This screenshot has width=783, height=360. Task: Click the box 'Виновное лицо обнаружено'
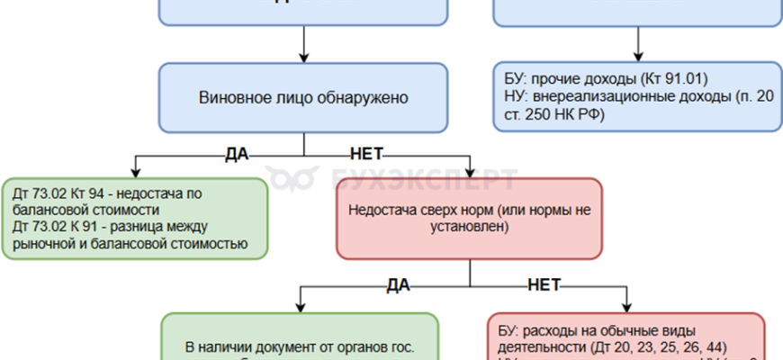pyautogui.click(x=303, y=97)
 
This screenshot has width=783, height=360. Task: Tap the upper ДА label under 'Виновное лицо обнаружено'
pyautogui.click(x=236, y=155)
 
